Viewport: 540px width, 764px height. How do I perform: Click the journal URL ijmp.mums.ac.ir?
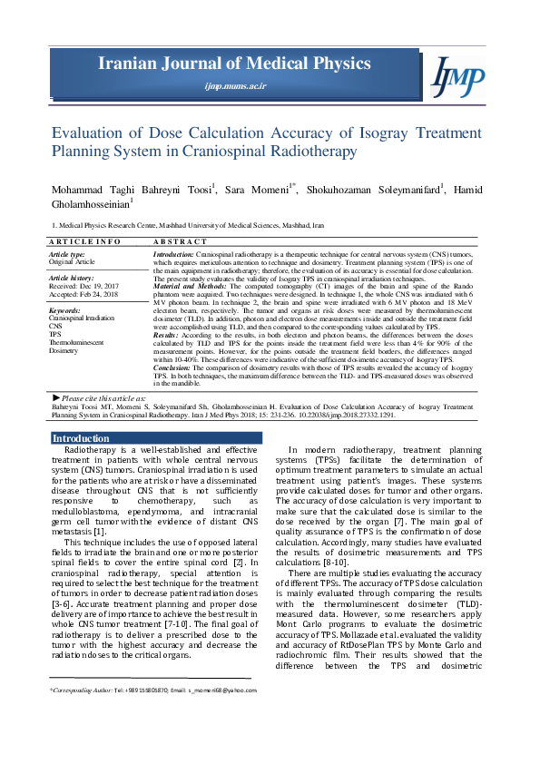click(235, 84)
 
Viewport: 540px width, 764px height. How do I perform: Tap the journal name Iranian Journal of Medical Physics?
click(235, 64)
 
